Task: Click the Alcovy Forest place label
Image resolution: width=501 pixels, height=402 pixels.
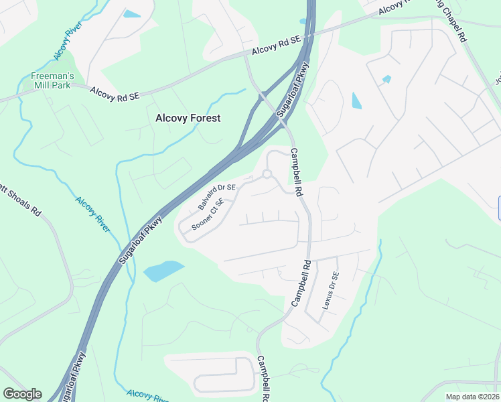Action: click(188, 118)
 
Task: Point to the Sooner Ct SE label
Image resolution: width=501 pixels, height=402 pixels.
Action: click(207, 214)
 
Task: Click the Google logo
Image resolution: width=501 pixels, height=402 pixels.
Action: click(22, 394)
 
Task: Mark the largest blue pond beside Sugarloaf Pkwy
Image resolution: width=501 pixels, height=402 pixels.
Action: click(163, 271)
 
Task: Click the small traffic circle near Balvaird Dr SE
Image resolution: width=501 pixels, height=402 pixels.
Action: click(267, 174)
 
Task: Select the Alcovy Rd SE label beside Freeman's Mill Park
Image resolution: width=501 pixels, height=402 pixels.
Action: click(115, 96)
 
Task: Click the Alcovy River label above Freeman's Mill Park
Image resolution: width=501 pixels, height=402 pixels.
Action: click(65, 43)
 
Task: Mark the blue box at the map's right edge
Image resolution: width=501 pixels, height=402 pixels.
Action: click(500, 207)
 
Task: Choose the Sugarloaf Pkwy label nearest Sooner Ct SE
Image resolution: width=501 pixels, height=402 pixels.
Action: click(142, 239)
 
